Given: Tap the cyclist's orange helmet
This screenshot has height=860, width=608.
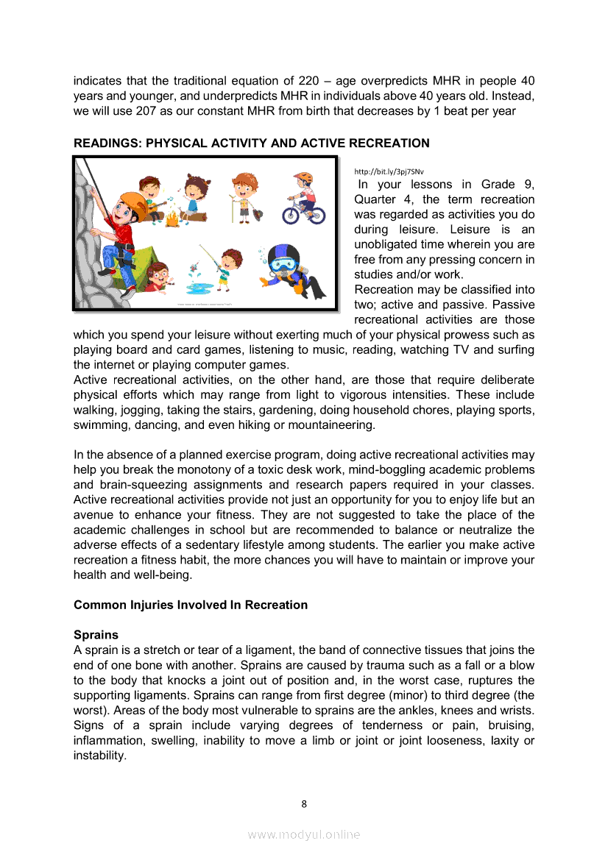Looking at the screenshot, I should coord(303,178).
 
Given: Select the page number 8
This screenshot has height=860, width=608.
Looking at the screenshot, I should coord(304,803).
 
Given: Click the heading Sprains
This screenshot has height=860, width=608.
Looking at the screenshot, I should coord(96,634).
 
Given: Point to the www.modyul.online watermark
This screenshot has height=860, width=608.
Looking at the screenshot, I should coord(304,834).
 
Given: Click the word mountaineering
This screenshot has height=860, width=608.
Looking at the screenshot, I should coord(333,424).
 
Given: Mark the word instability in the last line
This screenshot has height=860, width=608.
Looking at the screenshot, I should coord(99,755).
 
